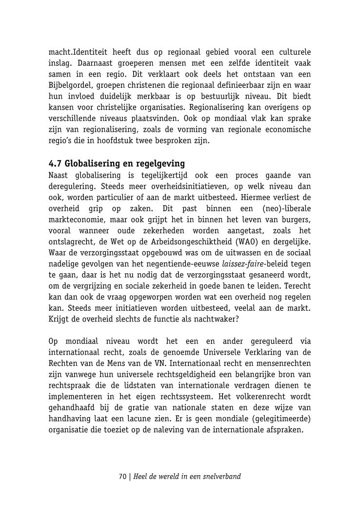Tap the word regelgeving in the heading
click(160, 163)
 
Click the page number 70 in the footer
click(123, 476)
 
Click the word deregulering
click(71, 186)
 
